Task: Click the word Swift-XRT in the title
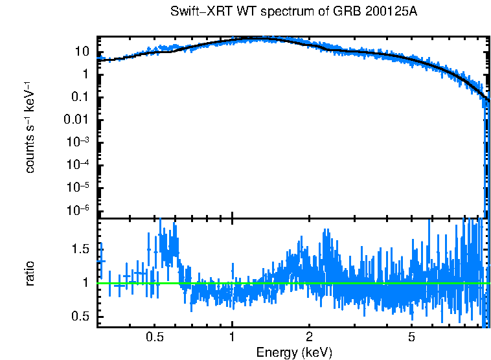pyautogui.click(x=194, y=12)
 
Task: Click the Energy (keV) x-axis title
pyautogui.click(x=294, y=352)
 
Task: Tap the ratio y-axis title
pyautogui.click(x=30, y=273)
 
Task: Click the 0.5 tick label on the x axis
pyautogui.click(x=154, y=337)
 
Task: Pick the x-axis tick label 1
pyautogui.click(x=232, y=337)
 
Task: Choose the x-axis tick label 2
pyautogui.click(x=310, y=337)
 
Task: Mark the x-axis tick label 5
pyautogui.click(x=412, y=337)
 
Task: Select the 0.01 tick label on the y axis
pyautogui.click(x=78, y=120)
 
